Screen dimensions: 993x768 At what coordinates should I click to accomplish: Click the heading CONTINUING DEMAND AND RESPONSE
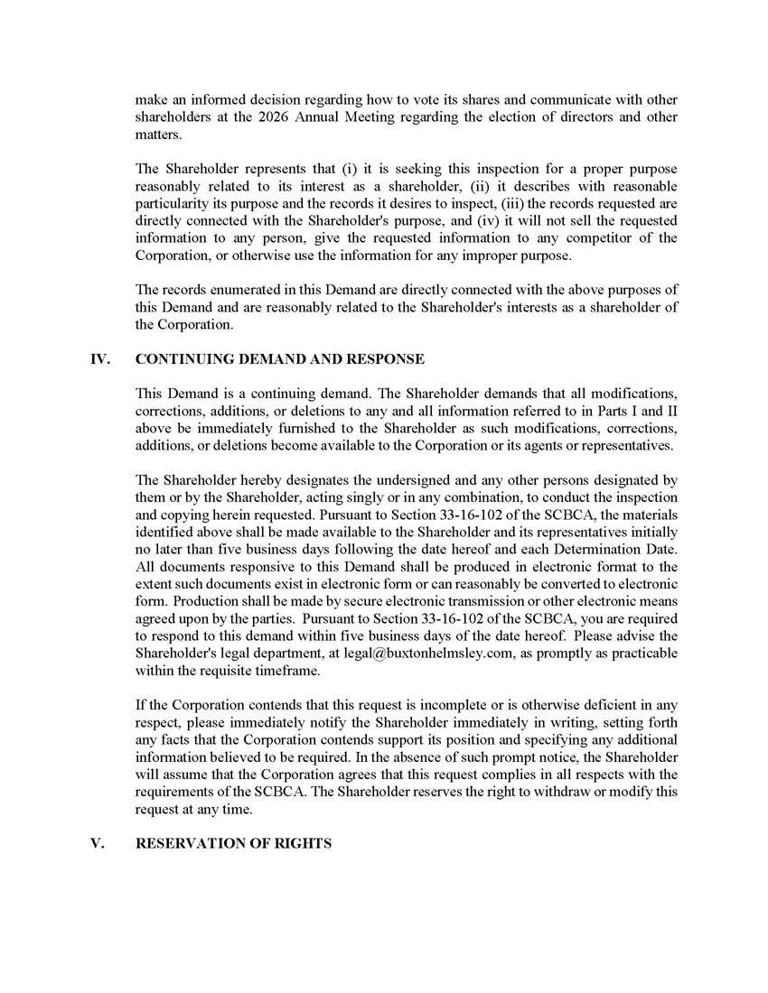[x=279, y=359]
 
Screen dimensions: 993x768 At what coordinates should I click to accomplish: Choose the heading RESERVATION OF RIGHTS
[x=233, y=843]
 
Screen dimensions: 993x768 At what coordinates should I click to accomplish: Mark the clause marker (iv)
[x=491, y=221]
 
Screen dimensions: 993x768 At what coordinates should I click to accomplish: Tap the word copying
[x=173, y=515]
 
